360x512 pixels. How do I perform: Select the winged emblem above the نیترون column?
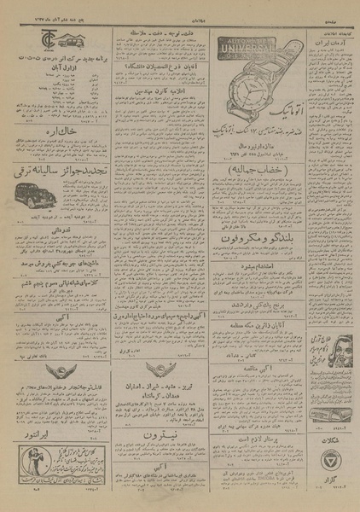click(x=160, y=346)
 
